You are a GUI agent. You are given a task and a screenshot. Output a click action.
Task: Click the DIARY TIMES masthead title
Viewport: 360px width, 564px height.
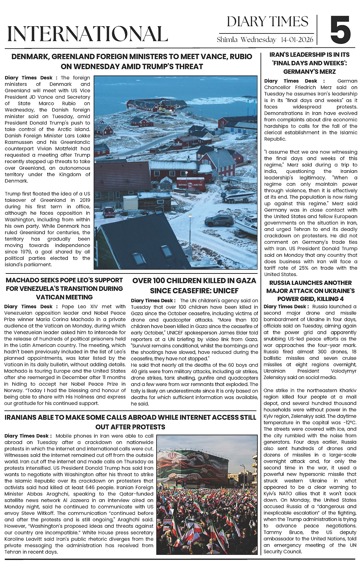267,22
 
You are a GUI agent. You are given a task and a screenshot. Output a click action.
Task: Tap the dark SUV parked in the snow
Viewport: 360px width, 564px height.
219,220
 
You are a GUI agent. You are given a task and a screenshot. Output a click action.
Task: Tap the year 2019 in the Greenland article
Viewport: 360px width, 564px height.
84,200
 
